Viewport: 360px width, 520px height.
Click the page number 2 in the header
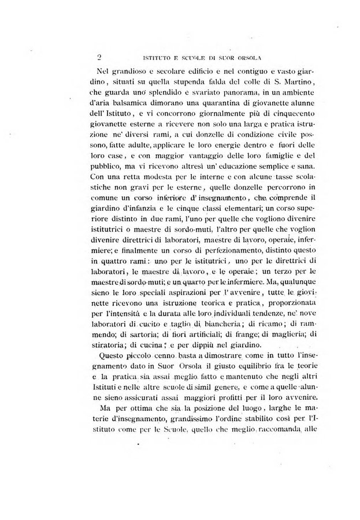click(99, 57)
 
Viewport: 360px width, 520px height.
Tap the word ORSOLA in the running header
click(247, 58)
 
